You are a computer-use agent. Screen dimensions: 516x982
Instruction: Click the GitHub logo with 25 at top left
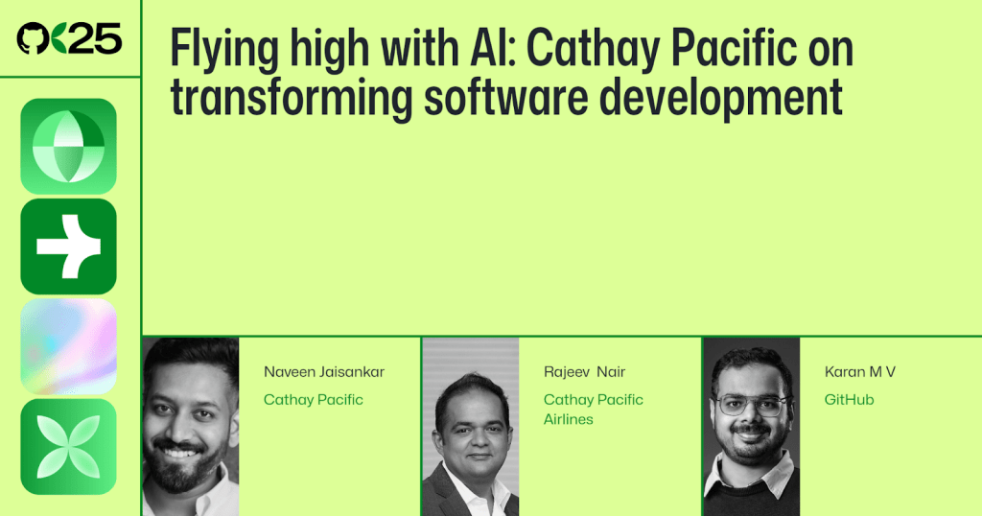(x=69, y=38)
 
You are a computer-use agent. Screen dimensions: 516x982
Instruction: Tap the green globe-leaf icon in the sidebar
(x=68, y=147)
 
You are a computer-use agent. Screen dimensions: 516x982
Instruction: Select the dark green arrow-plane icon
(x=68, y=246)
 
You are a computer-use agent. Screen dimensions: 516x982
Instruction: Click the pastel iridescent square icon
(x=68, y=346)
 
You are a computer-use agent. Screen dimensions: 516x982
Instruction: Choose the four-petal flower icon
(x=68, y=446)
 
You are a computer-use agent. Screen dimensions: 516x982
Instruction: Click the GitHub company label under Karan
(x=849, y=399)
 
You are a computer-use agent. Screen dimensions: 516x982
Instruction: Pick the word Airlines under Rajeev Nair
(x=568, y=419)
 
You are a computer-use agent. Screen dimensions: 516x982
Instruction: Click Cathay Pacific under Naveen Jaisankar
(x=313, y=399)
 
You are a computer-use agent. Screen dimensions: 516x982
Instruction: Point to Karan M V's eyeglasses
(x=751, y=405)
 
